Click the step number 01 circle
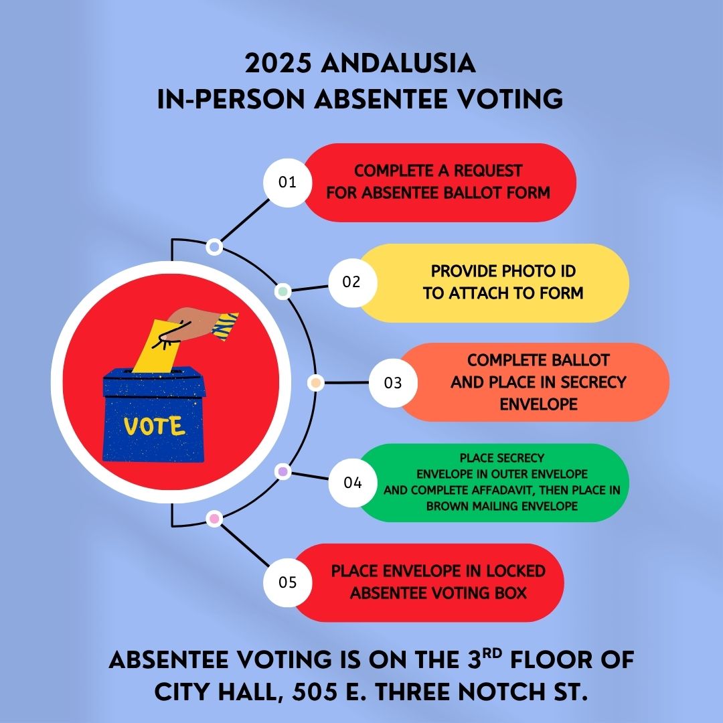click(x=287, y=183)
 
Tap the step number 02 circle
click(x=352, y=283)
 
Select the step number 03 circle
click(x=393, y=383)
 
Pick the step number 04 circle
click(x=352, y=483)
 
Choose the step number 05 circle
click(x=287, y=582)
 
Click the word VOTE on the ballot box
click(x=155, y=426)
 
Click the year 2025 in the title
click(x=278, y=63)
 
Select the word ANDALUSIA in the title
click(x=398, y=63)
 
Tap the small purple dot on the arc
click(x=283, y=472)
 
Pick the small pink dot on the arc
click(x=214, y=519)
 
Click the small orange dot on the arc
click(x=315, y=383)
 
